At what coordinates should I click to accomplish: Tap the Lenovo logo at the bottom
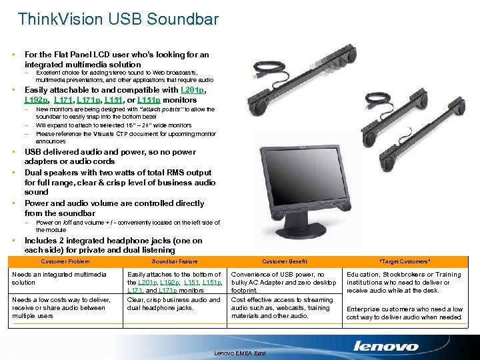coord(386,346)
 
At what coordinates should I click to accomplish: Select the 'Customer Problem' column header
coord(65,261)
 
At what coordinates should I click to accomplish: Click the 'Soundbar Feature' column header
coord(175,261)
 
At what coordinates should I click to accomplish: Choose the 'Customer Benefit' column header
coord(285,261)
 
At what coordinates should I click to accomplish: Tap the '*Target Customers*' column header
coord(405,261)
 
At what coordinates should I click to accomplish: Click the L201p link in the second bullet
coord(193,90)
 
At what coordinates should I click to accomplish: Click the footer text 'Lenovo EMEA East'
coord(239,352)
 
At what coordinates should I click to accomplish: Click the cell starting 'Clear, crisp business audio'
coord(173,303)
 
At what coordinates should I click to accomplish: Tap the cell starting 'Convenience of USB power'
coord(283,282)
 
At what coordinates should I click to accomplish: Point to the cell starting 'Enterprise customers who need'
coord(404,313)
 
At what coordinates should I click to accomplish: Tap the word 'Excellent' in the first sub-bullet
coord(49,72)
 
